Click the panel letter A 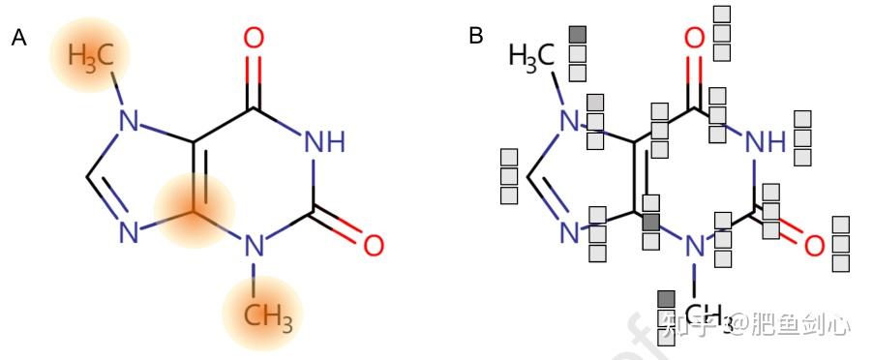point(18,38)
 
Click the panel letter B point(476,36)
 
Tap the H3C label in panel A point(90,56)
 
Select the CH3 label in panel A point(263,315)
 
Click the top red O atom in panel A point(254,39)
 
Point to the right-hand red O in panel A point(374,244)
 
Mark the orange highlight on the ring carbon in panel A point(195,209)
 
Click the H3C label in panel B point(531,57)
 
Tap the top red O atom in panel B point(694,39)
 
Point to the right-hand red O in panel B point(814,245)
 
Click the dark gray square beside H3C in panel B point(578,35)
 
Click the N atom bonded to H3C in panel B point(571,122)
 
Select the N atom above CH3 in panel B point(694,247)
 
